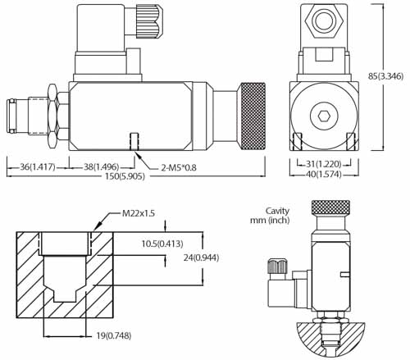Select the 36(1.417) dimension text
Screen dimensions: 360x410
(x=33, y=166)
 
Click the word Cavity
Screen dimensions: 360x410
(x=278, y=210)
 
